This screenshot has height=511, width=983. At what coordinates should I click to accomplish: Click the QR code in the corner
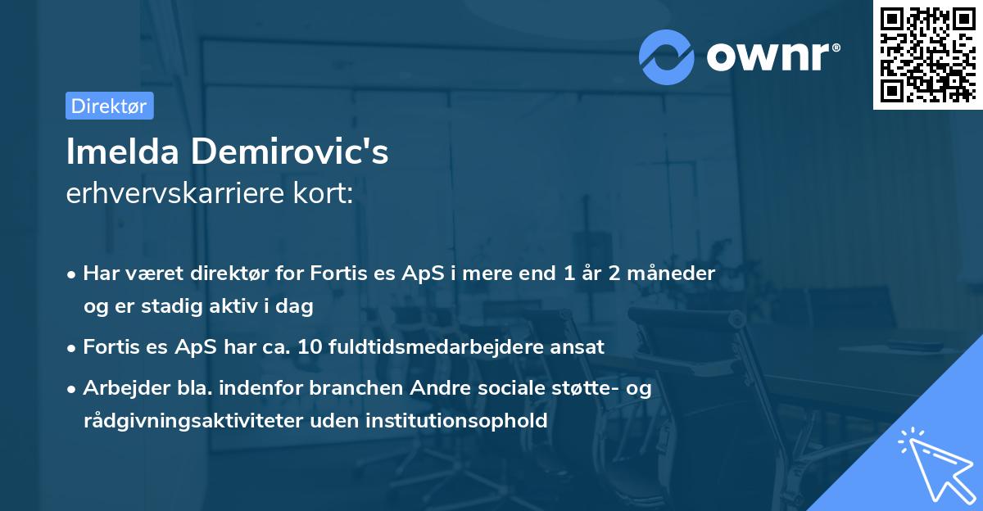click(x=927, y=54)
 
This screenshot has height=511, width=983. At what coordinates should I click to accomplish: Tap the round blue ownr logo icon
click(x=667, y=57)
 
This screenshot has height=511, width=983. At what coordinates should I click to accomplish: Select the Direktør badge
click(x=109, y=106)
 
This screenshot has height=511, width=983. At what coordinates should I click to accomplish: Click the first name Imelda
click(x=121, y=152)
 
